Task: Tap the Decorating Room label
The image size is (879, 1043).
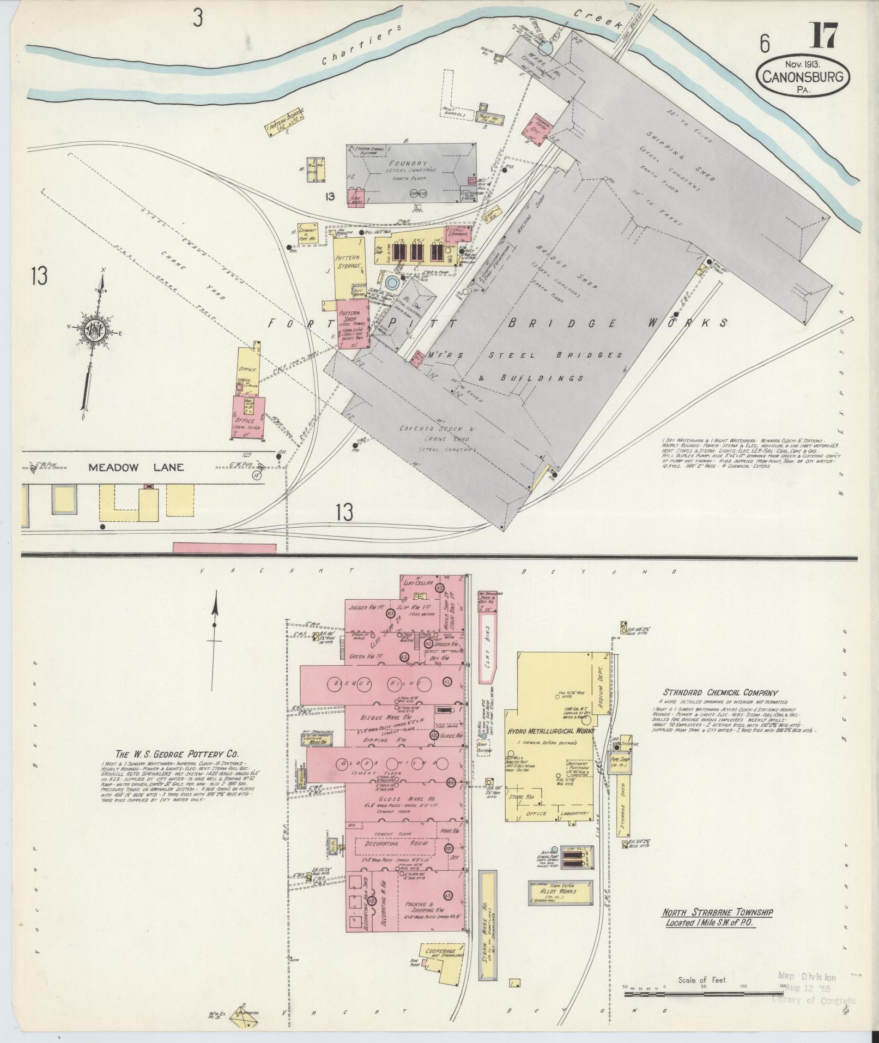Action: (396, 859)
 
